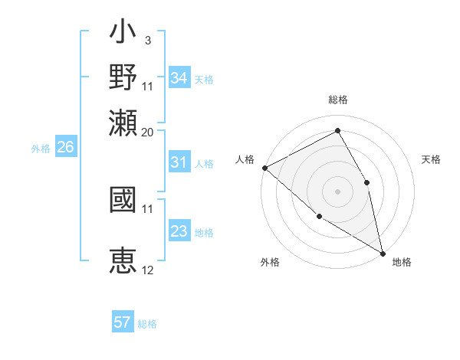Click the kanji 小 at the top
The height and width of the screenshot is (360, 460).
pyautogui.click(x=123, y=33)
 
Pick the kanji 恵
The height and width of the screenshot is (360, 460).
pyautogui.click(x=123, y=261)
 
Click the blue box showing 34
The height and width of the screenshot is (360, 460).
pyautogui.click(x=179, y=78)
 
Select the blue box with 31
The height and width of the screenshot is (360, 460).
pyautogui.click(x=179, y=163)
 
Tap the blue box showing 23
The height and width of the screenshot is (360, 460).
pyautogui.click(x=179, y=231)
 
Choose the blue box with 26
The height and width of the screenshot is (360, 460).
pyautogui.click(x=65, y=148)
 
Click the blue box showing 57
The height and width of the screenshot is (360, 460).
pyautogui.click(x=123, y=322)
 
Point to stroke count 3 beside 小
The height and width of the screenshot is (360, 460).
pyautogui.click(x=147, y=38)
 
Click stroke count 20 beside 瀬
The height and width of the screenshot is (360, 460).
pyautogui.click(x=148, y=132)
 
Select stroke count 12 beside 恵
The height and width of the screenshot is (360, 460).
pyautogui.click(x=148, y=270)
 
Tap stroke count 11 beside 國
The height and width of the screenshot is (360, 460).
pyautogui.click(x=148, y=208)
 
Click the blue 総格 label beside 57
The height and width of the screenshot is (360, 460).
pyautogui.click(x=147, y=324)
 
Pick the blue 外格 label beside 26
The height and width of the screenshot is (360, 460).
pyautogui.click(x=41, y=149)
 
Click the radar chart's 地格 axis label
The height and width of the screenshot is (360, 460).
pyautogui.click(x=402, y=262)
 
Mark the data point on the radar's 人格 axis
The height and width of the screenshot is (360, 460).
pyautogui.click(x=264, y=168)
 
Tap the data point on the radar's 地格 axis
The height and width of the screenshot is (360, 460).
pyautogui.click(x=383, y=252)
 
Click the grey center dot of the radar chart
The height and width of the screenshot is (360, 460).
pyautogui.click(x=337, y=191)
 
